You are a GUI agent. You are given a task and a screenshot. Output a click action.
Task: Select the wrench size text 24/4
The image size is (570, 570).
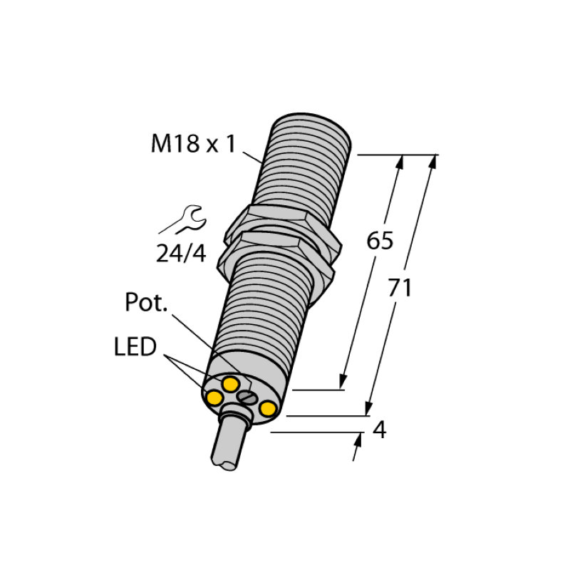tap(181, 253)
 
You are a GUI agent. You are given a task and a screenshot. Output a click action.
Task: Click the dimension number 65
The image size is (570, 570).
tap(380, 241)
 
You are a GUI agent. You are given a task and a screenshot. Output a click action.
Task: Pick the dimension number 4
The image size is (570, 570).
tap(380, 430)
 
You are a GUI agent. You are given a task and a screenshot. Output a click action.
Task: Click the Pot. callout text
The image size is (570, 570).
tap(146, 303)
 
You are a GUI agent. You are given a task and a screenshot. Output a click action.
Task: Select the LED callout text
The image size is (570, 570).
tap(135, 348)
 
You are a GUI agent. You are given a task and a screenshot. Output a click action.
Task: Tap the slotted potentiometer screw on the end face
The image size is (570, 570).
tap(247, 396)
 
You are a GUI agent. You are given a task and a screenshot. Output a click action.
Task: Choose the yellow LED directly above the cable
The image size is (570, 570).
tap(230, 385)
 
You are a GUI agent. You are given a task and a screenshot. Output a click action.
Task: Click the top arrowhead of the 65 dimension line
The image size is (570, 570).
tap(400, 162)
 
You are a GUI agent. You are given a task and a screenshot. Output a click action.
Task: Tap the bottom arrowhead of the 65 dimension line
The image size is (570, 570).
tap(344, 383)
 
